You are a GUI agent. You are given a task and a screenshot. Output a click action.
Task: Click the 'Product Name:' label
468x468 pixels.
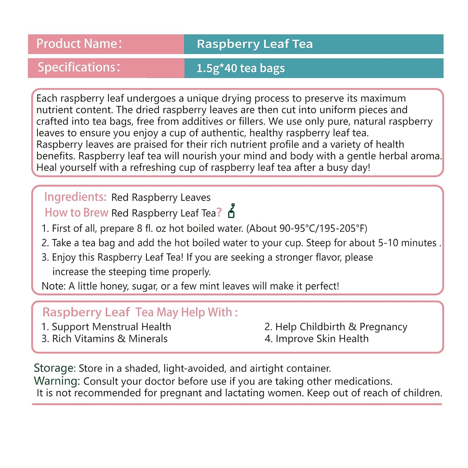click(x=79, y=44)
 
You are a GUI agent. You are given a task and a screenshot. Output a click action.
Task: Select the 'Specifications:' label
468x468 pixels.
click(x=79, y=67)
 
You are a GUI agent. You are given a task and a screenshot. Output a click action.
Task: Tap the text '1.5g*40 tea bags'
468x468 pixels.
click(x=241, y=68)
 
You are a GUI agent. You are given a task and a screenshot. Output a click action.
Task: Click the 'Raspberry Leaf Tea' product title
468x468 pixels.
click(x=255, y=44)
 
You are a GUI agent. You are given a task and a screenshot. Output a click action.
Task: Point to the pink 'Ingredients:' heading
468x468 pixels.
click(x=75, y=197)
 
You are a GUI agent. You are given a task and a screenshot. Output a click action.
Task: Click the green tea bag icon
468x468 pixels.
click(x=231, y=211)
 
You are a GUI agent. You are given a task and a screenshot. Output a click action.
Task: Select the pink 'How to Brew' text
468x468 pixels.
click(x=76, y=212)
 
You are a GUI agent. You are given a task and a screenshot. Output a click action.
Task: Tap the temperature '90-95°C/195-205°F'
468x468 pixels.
click(x=323, y=229)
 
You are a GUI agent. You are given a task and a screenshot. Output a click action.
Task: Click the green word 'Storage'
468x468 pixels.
click(x=54, y=368)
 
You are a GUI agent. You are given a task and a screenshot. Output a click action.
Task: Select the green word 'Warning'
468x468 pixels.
click(x=56, y=381)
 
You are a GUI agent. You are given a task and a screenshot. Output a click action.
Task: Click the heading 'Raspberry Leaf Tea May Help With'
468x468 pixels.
click(x=140, y=312)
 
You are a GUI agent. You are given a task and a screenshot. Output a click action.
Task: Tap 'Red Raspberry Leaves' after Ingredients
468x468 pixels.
click(x=161, y=197)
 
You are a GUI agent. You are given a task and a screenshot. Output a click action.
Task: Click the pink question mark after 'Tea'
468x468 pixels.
click(x=219, y=212)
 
